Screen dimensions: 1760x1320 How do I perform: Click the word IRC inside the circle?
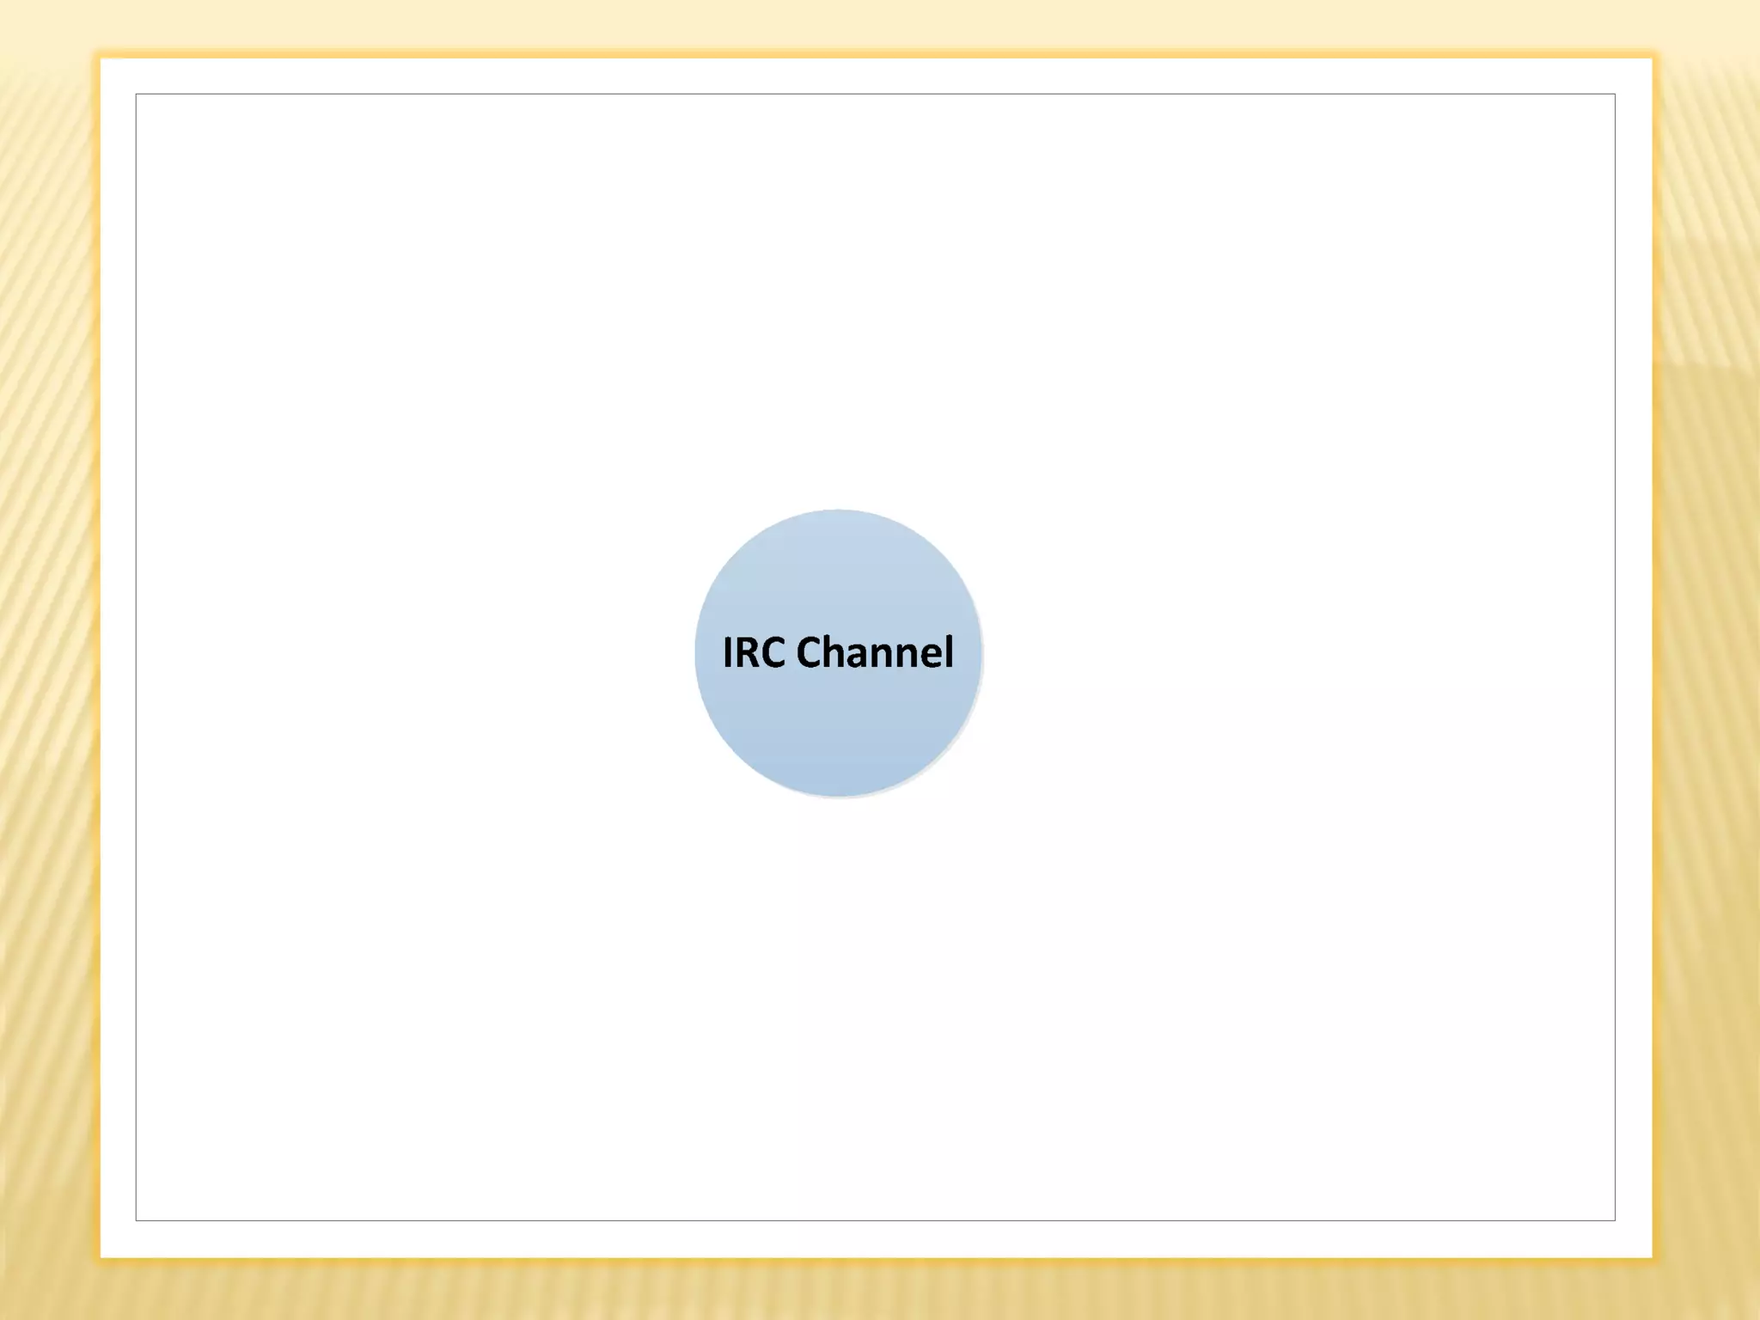[x=754, y=652]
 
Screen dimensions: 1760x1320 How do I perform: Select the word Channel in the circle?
[x=875, y=652]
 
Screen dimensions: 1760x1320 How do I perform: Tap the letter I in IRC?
[x=728, y=652]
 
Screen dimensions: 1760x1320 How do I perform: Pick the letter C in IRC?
[x=773, y=652]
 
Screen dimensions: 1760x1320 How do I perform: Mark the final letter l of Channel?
[x=950, y=651]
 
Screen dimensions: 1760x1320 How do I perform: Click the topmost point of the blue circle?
[x=838, y=510]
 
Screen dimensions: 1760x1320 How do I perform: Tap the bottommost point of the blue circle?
[x=838, y=797]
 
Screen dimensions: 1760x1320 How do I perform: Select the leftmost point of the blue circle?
[x=695, y=653]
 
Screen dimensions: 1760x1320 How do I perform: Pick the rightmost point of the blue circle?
[x=981, y=653]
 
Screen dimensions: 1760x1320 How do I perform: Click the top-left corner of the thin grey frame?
[x=136, y=95]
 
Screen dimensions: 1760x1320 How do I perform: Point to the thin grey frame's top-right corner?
[x=1615, y=95]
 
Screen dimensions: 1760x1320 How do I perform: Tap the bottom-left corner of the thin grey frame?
[x=136, y=1220]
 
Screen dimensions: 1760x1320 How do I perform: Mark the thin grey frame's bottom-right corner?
[x=1615, y=1220]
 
